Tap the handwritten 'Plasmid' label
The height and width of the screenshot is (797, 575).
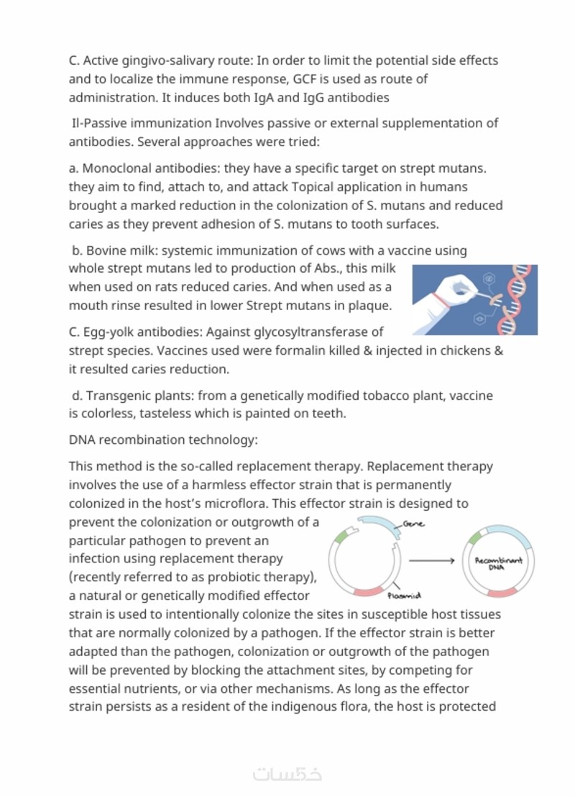click(x=403, y=596)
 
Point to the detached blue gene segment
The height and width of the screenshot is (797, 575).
click(x=378, y=527)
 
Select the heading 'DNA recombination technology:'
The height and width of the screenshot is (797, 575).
click(x=163, y=440)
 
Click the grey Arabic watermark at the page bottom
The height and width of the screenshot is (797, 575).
click(x=287, y=774)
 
